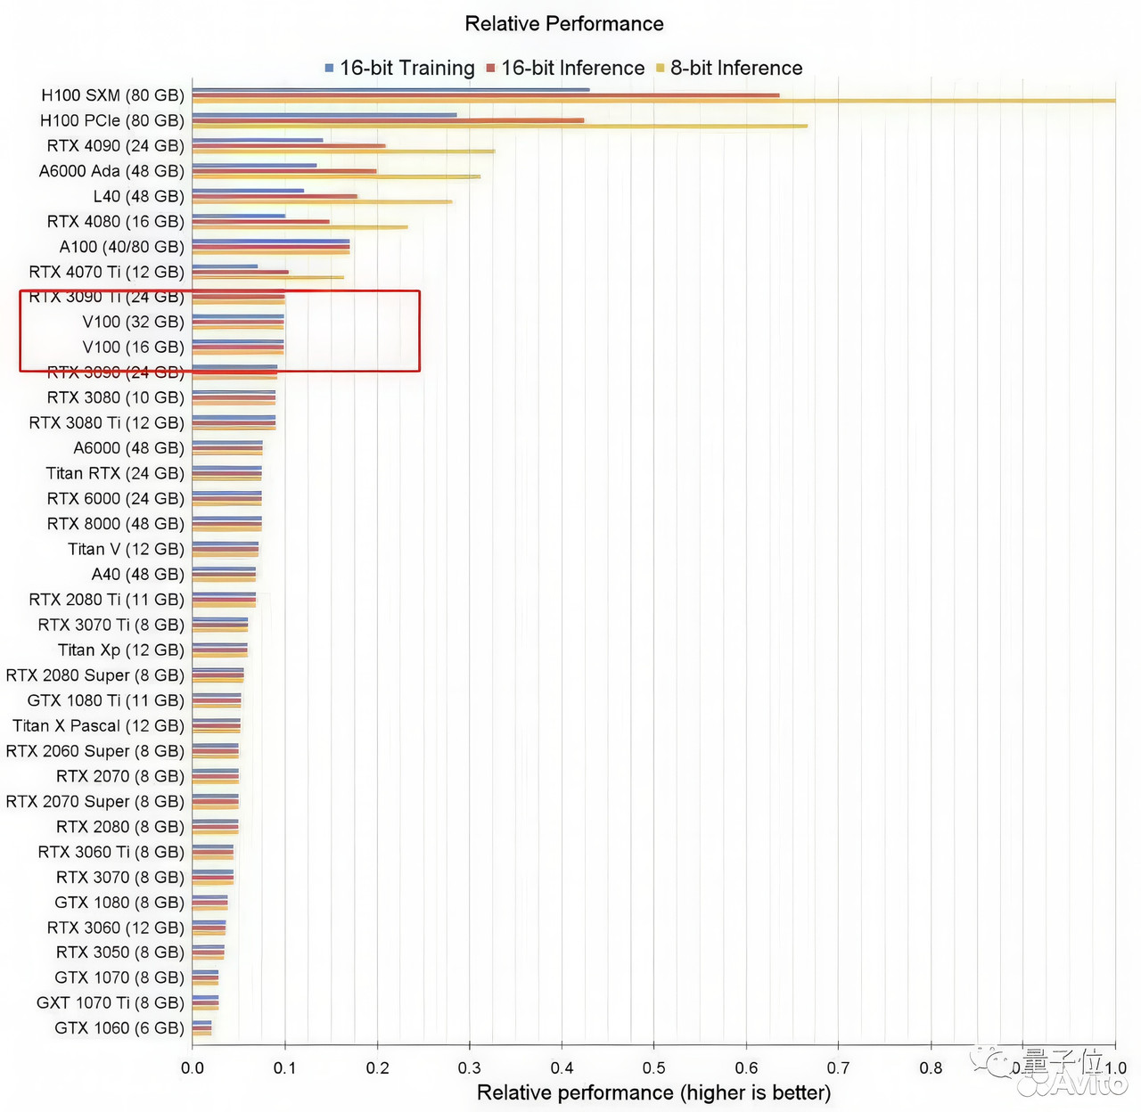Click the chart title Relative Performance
tap(564, 24)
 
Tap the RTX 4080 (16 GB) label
tap(116, 221)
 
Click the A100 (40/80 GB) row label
tap(122, 247)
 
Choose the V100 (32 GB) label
tap(134, 322)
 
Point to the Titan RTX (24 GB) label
tap(115, 473)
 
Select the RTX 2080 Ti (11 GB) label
tap(107, 600)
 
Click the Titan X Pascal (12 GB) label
tap(98, 726)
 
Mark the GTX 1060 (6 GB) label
tap(119, 1028)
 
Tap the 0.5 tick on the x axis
tap(653, 1067)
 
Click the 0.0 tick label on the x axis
tap(193, 1067)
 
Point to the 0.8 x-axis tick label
tap(931, 1067)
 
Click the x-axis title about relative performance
tap(653, 1093)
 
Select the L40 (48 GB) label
tap(139, 196)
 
